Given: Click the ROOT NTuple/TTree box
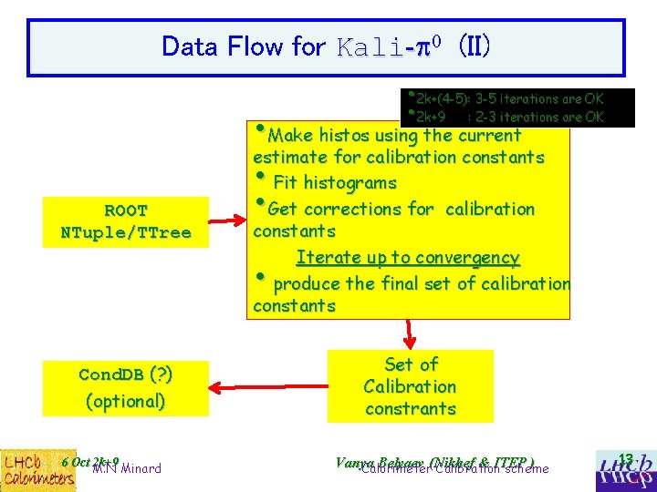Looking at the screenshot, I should click(126, 221).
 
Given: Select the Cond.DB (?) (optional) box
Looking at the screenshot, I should click(126, 386).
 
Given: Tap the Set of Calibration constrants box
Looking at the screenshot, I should click(411, 386).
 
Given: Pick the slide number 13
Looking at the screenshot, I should click(625, 458).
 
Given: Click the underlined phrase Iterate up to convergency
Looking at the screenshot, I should click(408, 258).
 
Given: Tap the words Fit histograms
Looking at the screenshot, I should click(335, 182).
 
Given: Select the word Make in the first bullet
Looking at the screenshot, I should click(290, 136).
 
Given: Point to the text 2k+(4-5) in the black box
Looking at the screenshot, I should click(443, 98).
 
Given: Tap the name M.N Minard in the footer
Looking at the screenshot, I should click(127, 469).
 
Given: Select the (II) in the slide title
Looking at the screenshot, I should click(474, 46).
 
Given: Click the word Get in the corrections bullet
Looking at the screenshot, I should click(283, 209).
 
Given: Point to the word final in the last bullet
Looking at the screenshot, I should click(410, 283).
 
